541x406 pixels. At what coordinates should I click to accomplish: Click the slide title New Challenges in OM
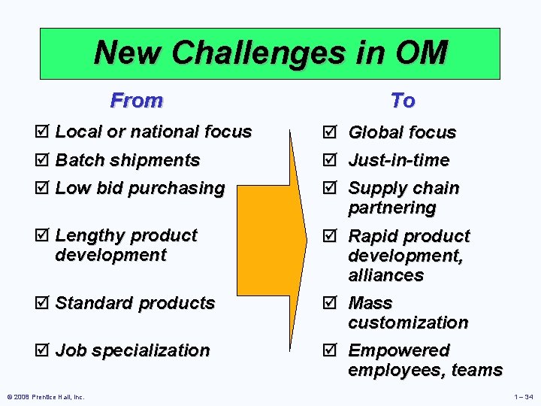270,53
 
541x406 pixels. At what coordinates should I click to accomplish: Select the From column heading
136,100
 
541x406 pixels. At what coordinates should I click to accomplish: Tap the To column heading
403,100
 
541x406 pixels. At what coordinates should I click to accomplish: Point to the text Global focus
402,132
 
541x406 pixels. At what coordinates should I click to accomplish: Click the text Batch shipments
128,160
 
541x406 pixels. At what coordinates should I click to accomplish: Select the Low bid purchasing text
140,188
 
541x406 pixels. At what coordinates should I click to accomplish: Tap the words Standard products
135,303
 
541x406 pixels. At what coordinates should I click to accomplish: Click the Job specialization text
132,350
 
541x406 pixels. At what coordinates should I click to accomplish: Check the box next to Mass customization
335,303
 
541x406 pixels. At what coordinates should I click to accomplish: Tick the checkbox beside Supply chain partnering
335,188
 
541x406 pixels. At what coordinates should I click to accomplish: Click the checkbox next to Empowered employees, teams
335,351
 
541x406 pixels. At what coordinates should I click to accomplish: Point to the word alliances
385,275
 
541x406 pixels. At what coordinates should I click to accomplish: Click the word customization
408,323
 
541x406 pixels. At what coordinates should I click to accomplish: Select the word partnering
391,208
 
